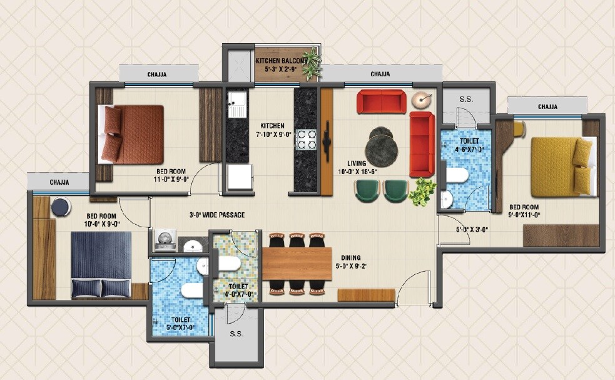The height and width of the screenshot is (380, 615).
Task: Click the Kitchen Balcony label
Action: tap(281, 64)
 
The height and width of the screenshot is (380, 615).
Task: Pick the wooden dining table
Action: tap(296, 264)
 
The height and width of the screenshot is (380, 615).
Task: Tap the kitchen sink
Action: tap(237, 105)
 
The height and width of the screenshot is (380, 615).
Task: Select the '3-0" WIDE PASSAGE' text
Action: tap(216, 215)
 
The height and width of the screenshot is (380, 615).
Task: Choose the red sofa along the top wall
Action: tap(381, 101)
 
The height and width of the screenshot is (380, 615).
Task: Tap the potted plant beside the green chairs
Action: tap(423, 190)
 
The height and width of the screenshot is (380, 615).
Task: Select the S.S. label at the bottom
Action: tap(236, 333)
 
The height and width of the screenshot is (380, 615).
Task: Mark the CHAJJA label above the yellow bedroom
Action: tap(547, 106)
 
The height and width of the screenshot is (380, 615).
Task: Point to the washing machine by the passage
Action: tap(164, 240)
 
